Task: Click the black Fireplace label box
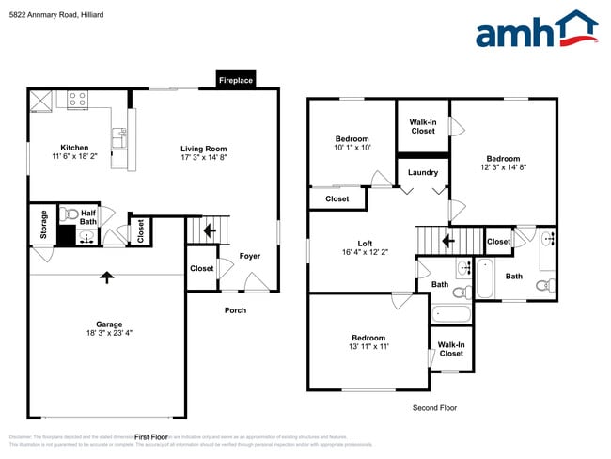[x=236, y=81]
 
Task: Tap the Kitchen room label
[x=74, y=148]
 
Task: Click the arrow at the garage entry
[x=107, y=277]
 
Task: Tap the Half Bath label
[x=88, y=217]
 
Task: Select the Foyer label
[x=249, y=256]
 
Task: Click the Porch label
[x=235, y=310]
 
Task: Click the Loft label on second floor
[x=352, y=243]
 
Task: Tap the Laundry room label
[x=423, y=172]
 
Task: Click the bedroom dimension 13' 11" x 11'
[x=368, y=347]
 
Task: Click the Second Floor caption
[x=434, y=408]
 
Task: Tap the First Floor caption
[x=150, y=437]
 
